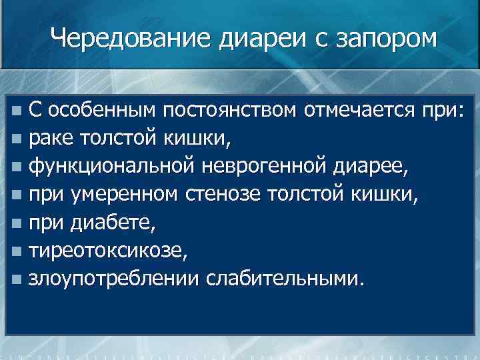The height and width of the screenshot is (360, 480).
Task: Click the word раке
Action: click(53, 139)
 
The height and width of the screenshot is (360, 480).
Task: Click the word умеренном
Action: click(129, 194)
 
